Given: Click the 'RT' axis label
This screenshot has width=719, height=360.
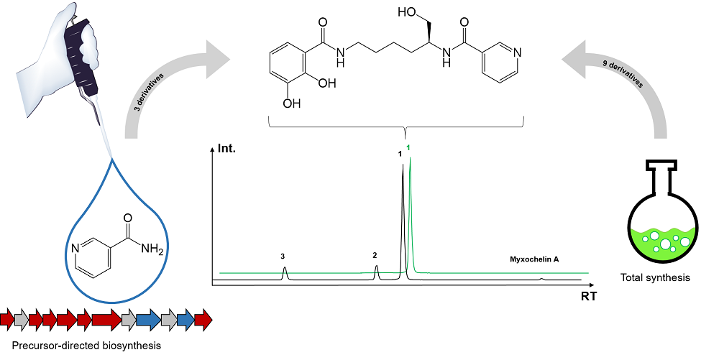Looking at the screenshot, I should pyautogui.click(x=589, y=295).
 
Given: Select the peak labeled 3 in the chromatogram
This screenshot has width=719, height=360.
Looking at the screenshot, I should pyautogui.click(x=285, y=272).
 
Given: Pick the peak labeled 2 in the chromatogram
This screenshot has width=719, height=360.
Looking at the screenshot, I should pyautogui.click(x=376, y=272).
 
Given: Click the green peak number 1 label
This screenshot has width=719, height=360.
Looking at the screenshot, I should pyautogui.click(x=408, y=148).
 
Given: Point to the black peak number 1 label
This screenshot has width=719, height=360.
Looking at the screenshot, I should pyautogui.click(x=400, y=154).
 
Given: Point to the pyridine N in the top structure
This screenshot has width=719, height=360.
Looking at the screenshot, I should pyautogui.click(x=518, y=51).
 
